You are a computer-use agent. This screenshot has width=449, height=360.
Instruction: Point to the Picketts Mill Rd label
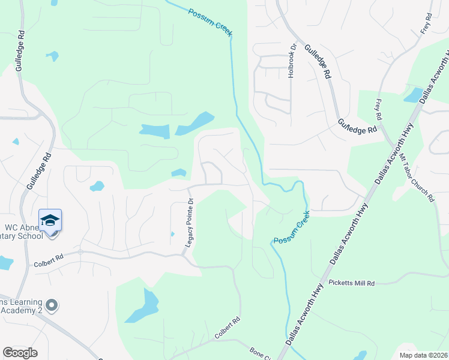(x=351, y=283)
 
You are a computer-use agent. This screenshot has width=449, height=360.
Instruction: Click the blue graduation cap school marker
(x=50, y=221)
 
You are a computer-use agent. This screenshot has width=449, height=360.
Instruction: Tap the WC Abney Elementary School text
(x=24, y=232)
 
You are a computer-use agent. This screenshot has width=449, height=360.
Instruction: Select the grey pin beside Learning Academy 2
(x=52, y=305)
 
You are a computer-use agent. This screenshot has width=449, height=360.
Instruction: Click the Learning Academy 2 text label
(x=21, y=305)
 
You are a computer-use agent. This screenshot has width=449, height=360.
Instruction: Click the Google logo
(x=20, y=352)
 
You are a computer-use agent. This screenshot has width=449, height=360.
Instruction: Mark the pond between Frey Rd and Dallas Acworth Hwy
(x=413, y=95)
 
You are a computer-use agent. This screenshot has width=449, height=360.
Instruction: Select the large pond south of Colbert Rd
(x=144, y=307)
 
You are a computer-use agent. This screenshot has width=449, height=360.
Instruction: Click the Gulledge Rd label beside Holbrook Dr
(x=318, y=62)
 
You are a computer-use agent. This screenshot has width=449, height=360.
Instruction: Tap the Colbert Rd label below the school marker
(x=49, y=259)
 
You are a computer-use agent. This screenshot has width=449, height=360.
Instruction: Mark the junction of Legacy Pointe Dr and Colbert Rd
(x=183, y=256)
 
